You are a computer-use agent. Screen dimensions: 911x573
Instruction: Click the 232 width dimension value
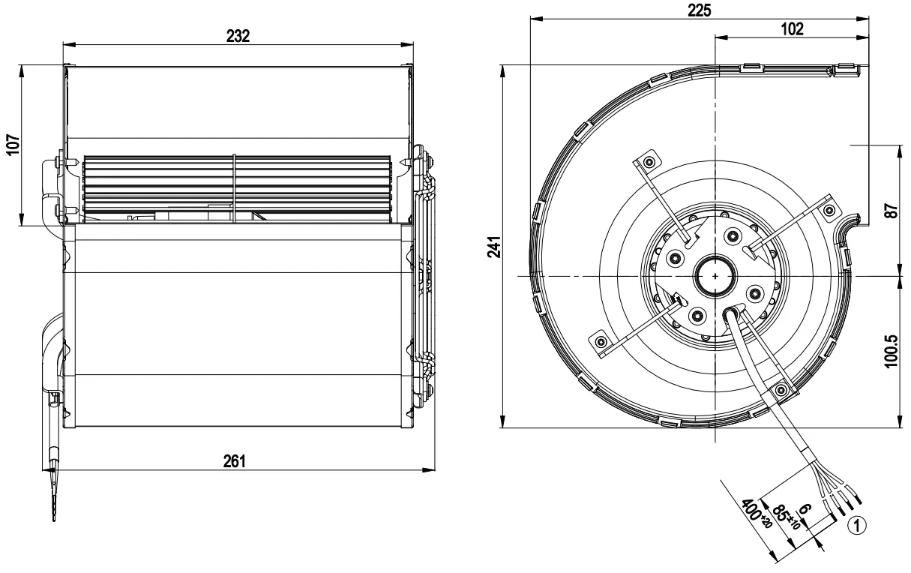[x=238, y=36]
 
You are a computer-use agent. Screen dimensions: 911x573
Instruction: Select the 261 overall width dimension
[x=235, y=461]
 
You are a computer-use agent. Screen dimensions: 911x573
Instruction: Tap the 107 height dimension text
[x=13, y=144]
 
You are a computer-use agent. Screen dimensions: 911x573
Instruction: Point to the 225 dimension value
[x=700, y=10]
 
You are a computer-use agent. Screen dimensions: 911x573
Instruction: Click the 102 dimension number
[x=793, y=29]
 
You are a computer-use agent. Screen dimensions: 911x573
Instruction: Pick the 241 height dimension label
[x=494, y=247]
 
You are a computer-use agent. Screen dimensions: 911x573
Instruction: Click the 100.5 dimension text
[x=892, y=351]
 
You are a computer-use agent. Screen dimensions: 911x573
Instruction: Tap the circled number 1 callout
[x=857, y=526]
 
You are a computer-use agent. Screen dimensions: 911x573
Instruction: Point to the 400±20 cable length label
[x=757, y=513]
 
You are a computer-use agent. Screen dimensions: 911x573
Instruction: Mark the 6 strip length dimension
[x=806, y=508]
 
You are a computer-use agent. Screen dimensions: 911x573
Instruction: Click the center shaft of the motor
[x=715, y=276]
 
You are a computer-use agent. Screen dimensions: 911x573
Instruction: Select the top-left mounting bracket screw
[x=649, y=163]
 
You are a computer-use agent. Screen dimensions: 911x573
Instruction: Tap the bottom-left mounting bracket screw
[x=601, y=341]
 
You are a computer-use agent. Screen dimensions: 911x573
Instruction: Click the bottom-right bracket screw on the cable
[x=781, y=391]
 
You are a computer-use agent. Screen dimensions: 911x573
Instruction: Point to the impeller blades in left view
[x=237, y=189]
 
